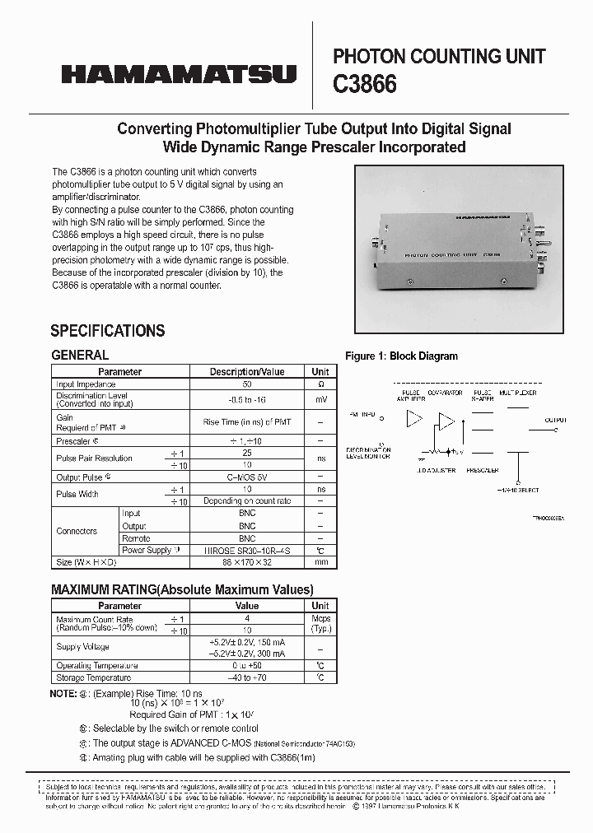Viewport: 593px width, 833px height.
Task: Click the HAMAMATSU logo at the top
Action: tap(178, 74)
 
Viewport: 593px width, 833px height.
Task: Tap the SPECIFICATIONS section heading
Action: tap(108, 331)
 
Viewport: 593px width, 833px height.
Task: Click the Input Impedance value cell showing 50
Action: tap(246, 384)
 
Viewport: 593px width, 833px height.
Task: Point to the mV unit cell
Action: tap(320, 399)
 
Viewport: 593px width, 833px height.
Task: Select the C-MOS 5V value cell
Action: tap(246, 477)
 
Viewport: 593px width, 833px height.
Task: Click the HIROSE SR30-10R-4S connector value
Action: tap(246, 550)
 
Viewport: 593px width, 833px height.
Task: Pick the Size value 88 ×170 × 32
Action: tap(246, 563)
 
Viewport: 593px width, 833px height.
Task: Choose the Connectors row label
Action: tap(77, 531)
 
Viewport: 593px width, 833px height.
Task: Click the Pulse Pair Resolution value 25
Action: tap(246, 453)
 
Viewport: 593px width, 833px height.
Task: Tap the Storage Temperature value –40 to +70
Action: tap(246, 677)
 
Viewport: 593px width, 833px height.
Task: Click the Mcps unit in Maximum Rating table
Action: tap(320, 620)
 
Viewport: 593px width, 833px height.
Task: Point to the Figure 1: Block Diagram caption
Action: tap(401, 356)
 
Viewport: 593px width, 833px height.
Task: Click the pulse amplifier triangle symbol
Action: tap(414, 419)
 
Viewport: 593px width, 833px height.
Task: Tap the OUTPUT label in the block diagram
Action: tap(555, 420)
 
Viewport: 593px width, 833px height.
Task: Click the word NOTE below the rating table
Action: tap(63, 694)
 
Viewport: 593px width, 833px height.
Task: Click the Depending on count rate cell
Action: tap(246, 500)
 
